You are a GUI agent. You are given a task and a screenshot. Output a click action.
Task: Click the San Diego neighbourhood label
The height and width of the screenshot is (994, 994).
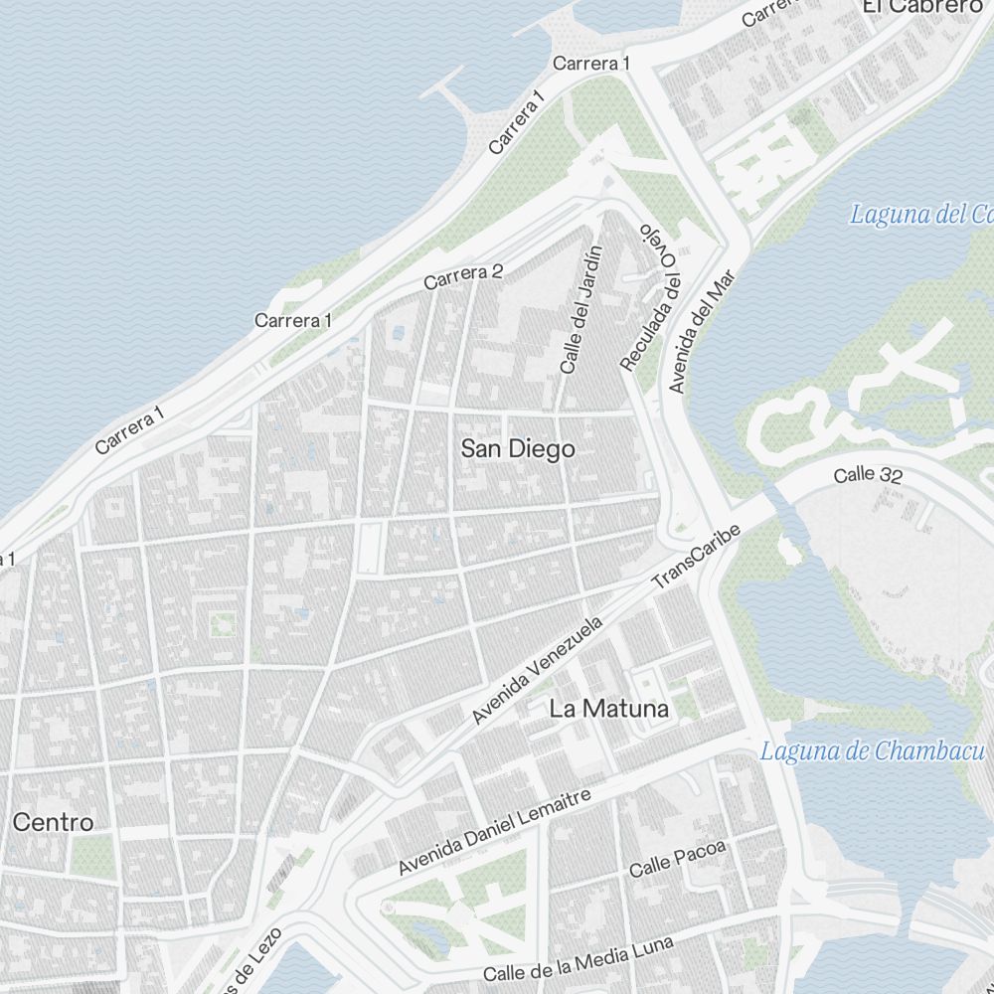[x=518, y=448]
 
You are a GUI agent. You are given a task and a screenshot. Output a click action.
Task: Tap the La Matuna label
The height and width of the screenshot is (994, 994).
[x=609, y=709]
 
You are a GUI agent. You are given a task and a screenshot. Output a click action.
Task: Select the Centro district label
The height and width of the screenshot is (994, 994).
[x=54, y=822]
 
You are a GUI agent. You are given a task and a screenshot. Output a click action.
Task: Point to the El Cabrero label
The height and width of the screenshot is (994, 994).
[x=921, y=7]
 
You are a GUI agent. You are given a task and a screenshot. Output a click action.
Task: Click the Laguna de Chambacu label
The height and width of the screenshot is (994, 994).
[x=872, y=751]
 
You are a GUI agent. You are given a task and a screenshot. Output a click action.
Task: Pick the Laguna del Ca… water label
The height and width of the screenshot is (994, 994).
[x=920, y=214]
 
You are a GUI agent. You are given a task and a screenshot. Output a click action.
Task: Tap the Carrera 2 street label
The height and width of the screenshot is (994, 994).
[x=463, y=277]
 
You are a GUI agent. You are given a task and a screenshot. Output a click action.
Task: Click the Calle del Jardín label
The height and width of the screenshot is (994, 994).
[x=580, y=309]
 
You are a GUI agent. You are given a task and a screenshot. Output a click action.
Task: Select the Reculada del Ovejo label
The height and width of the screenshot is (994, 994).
[x=651, y=295]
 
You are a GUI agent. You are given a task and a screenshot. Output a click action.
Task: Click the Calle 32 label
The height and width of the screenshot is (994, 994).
[x=868, y=475]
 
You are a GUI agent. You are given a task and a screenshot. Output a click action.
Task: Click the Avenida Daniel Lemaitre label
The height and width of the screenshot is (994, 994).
[x=494, y=831]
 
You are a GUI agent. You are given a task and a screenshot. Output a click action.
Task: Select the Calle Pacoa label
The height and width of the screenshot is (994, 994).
[x=678, y=860]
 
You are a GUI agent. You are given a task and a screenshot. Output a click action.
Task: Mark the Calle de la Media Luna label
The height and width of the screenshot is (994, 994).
[x=579, y=959]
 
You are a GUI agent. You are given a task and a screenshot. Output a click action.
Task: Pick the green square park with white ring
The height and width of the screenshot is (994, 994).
[x=222, y=624]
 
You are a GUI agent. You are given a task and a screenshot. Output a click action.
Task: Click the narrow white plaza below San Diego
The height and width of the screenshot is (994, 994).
[x=369, y=548]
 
